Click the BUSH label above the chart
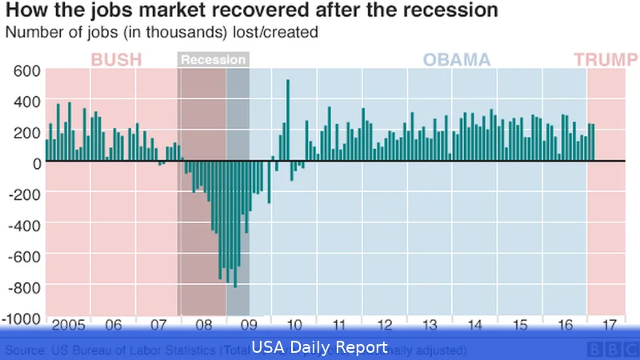click(x=117, y=60)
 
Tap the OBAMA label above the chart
click(x=456, y=60)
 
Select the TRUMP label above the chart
click(x=600, y=60)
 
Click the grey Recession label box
click(x=213, y=60)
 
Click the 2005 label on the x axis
click(x=68, y=326)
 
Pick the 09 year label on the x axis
click(x=248, y=326)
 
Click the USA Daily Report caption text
click(x=320, y=348)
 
